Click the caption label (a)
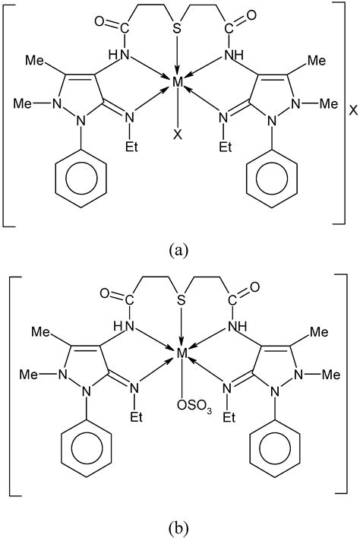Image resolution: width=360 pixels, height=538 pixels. click(x=179, y=248)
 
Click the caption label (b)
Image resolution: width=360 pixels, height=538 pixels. click(x=179, y=526)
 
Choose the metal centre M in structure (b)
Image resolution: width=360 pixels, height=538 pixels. click(x=181, y=353)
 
